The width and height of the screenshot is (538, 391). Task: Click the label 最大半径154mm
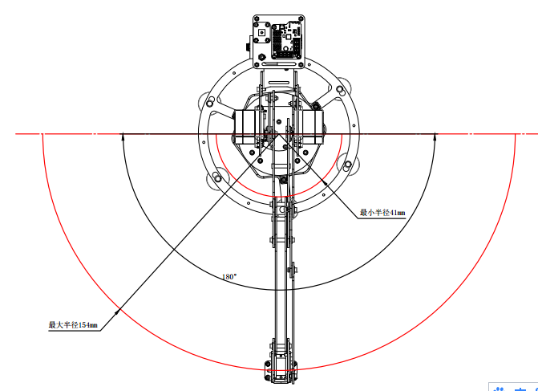coord(73,324)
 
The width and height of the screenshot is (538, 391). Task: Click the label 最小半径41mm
coord(382,213)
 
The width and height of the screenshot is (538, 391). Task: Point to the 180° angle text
coord(229,276)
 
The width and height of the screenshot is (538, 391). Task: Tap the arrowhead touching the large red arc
coord(117,312)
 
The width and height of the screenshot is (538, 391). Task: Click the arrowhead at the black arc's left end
coord(123,136)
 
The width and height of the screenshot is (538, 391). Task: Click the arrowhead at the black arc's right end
coord(435,136)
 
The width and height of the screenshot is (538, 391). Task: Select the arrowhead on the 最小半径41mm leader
coord(324,183)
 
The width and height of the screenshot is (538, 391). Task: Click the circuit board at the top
coord(285,40)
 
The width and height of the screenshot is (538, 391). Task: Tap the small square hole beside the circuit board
coord(262,33)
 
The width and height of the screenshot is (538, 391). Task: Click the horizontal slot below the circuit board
coord(278,64)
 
